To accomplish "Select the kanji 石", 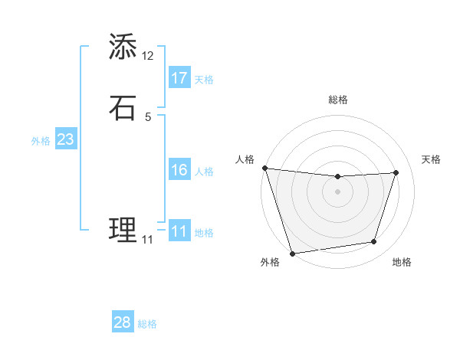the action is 123,108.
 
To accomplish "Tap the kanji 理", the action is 123,230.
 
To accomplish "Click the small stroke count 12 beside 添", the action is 148,56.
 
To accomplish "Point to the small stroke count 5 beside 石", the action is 148,117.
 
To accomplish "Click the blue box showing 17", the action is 179,78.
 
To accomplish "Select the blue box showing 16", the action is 179,170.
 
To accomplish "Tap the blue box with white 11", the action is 179,231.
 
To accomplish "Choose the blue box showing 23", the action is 65,140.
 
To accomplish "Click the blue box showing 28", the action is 123,322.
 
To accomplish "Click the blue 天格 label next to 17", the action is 204,80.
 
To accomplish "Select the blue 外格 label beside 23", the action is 41,141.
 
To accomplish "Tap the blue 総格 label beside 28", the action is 147,324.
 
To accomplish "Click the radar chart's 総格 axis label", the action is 337,100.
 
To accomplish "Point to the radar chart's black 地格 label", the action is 402,263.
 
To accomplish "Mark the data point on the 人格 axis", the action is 264,168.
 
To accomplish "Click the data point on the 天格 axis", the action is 396,172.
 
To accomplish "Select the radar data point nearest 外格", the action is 292,253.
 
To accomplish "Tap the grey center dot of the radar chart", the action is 337,191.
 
